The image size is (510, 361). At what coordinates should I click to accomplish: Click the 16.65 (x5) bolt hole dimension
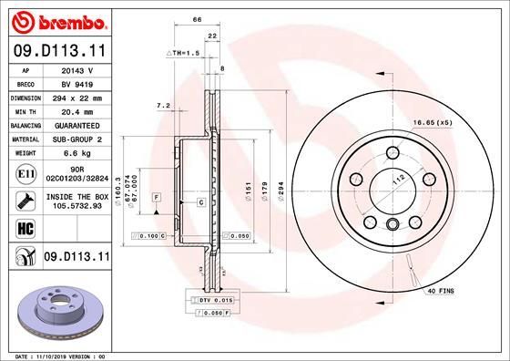pyautogui.click(x=432, y=122)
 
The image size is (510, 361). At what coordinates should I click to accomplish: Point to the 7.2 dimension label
pyautogui.click(x=163, y=106)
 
